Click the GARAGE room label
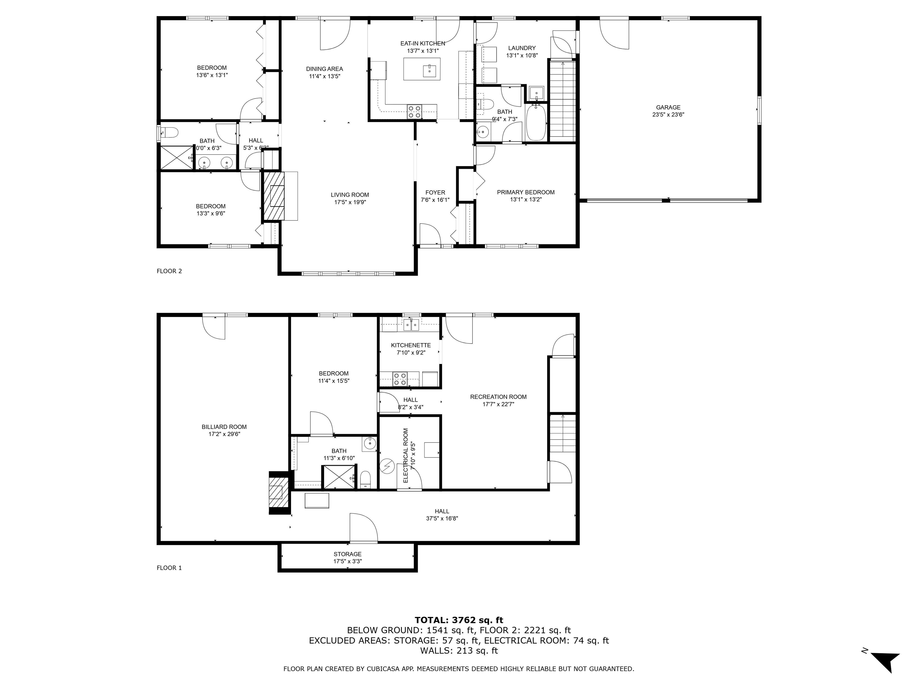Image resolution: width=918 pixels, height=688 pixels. point(668,107)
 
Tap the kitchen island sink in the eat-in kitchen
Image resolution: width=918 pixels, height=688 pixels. point(429,71)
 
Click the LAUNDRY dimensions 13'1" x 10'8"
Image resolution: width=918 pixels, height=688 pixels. point(522,55)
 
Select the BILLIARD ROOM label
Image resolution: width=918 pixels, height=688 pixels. point(224,427)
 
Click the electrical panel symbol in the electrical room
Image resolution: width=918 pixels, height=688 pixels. point(388,466)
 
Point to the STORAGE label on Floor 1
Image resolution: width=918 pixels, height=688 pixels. point(347,554)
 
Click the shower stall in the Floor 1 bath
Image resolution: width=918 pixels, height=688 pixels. point(339,477)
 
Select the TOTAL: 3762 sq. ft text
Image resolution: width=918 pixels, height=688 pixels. point(459,620)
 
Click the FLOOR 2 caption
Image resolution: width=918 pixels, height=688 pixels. point(169,271)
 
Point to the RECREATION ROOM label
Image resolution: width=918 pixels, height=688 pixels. point(498,397)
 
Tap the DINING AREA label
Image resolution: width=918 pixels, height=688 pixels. point(325,69)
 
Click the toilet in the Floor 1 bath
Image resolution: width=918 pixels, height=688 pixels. point(365,480)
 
